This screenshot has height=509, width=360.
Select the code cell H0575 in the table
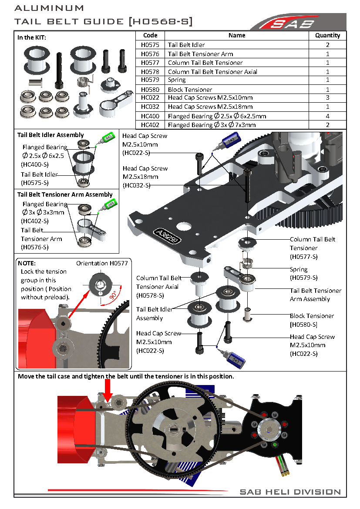150,45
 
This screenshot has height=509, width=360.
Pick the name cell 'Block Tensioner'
190,89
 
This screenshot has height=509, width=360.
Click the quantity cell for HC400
327,116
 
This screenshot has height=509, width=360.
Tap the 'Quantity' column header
327,35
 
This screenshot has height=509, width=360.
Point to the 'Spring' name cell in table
177,80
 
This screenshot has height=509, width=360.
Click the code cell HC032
150,107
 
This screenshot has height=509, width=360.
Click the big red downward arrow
108,388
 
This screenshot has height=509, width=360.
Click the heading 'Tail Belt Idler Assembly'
50,135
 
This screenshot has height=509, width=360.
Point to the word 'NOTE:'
27,263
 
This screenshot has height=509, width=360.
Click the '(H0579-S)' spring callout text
303,278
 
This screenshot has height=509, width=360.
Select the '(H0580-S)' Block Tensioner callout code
303,325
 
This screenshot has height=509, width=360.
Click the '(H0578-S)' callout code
150,295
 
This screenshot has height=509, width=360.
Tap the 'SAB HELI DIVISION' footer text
290,492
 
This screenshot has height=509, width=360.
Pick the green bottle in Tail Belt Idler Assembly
105,138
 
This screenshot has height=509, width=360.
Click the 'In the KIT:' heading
32,37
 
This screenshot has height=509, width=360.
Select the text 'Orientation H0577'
102,263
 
